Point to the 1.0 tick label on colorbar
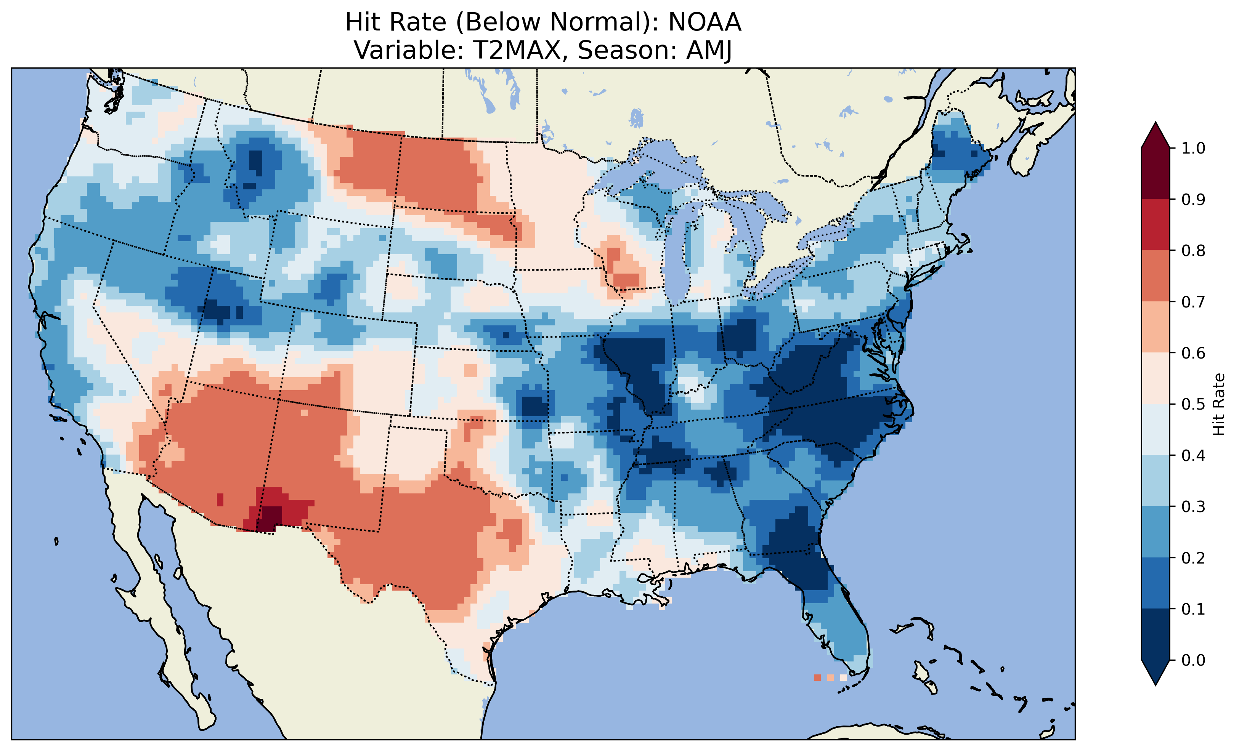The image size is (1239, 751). (x=1193, y=148)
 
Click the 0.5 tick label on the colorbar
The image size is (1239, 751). (x=1193, y=404)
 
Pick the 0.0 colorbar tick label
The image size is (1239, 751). (x=1193, y=660)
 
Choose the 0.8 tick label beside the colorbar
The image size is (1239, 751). (x=1193, y=250)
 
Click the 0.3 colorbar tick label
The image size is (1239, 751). (x=1193, y=507)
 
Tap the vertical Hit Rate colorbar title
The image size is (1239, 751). (x=1218, y=404)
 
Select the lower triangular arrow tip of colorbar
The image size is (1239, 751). (x=1156, y=674)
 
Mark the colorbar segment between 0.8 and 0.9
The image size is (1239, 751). (x=1156, y=225)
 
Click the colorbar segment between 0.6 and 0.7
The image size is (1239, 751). (x=1156, y=327)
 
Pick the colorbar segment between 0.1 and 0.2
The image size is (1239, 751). (x=1156, y=583)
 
